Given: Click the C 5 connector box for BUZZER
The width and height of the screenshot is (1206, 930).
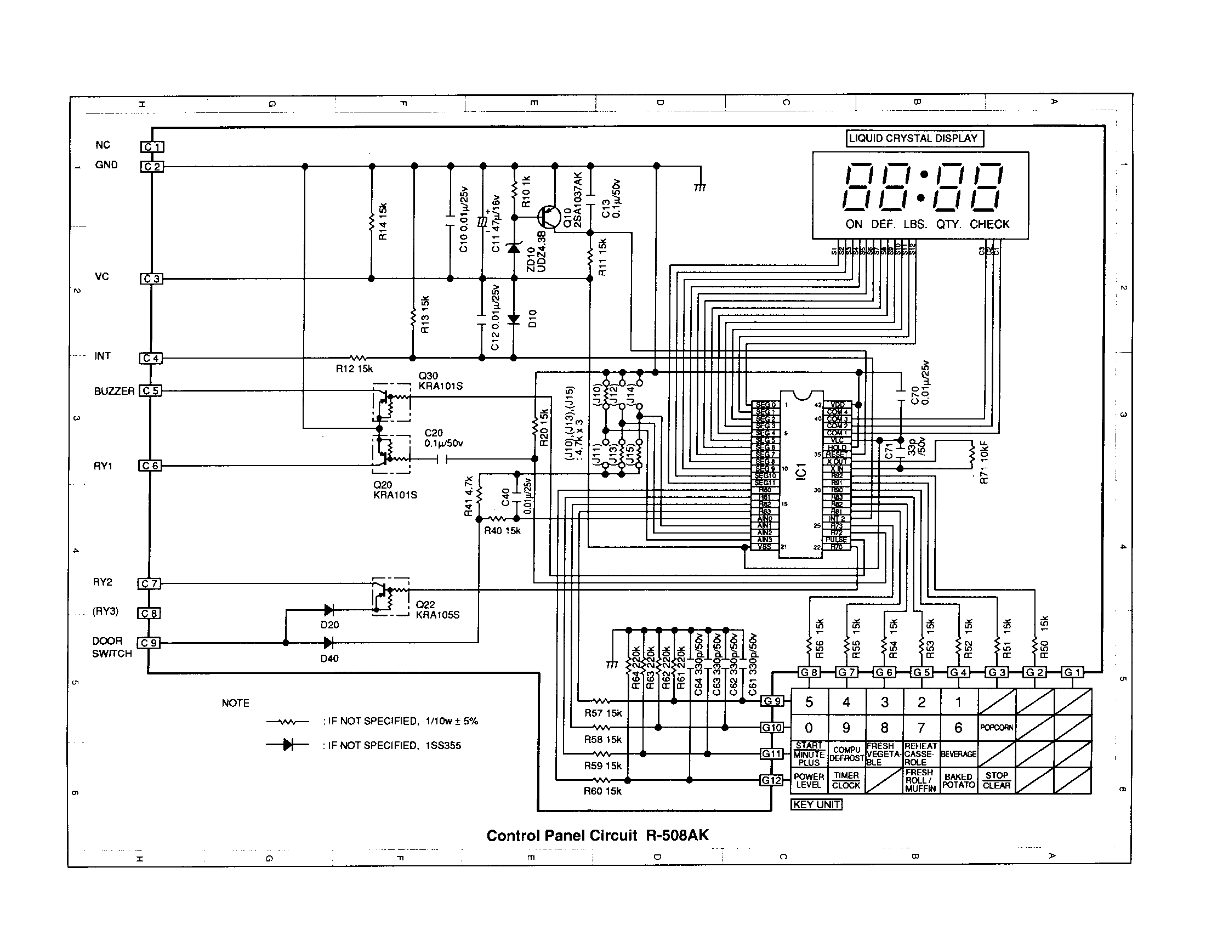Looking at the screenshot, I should [x=150, y=391].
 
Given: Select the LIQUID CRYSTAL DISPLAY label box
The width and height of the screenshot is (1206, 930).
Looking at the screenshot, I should [x=914, y=139].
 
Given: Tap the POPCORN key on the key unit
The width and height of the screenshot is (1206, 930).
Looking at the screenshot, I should [x=996, y=728].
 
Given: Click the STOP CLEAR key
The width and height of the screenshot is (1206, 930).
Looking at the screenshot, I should [x=996, y=780].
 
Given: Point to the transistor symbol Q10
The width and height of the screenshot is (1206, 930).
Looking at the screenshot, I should [x=548, y=217].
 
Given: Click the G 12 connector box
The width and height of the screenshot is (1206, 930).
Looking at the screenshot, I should [x=771, y=780].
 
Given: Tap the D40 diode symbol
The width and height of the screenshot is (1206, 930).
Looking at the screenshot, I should [x=328, y=643].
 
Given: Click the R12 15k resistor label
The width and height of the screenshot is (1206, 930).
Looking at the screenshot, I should [x=354, y=369].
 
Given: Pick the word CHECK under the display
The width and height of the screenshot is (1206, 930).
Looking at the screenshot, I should [x=989, y=224].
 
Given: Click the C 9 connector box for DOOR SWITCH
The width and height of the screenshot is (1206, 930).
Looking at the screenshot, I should [x=149, y=643].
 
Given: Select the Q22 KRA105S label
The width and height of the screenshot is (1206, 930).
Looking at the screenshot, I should [x=437, y=610].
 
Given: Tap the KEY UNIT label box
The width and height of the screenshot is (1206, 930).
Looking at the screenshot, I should [x=816, y=804].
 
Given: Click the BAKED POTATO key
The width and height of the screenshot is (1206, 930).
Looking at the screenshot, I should [x=959, y=780].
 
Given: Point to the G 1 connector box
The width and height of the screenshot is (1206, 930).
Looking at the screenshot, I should [x=1072, y=672].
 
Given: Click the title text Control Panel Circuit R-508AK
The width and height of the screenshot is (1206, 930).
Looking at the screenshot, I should [x=597, y=835].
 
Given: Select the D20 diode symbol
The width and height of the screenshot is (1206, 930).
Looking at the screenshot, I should [x=328, y=610].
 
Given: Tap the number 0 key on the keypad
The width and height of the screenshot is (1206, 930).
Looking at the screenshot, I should [x=809, y=728].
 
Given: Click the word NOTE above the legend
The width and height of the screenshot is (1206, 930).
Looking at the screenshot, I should [x=235, y=703].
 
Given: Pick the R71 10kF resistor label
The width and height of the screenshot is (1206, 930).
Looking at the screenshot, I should [x=984, y=463].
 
